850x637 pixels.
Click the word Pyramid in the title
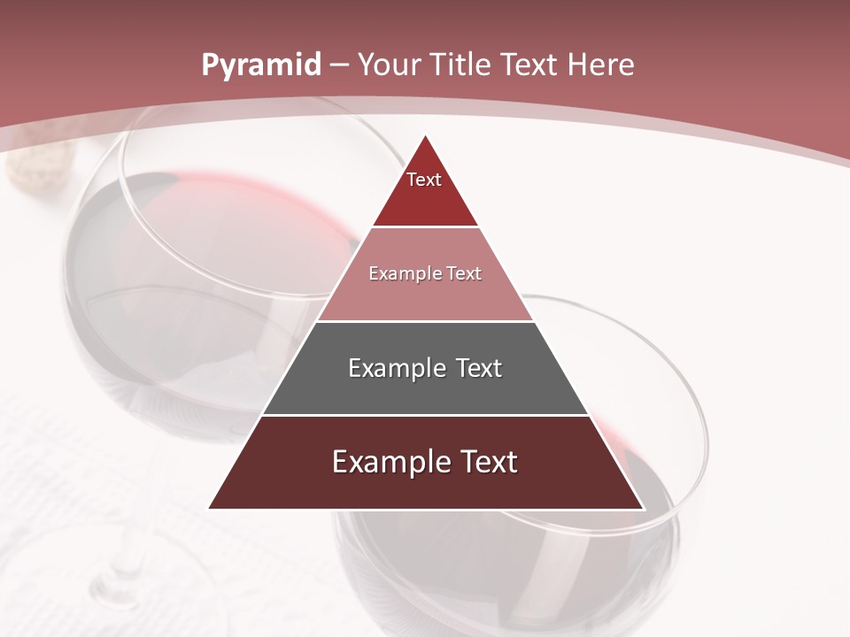260,65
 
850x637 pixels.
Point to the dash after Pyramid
337,65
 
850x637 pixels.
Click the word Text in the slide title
531,65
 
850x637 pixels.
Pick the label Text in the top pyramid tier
424,180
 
